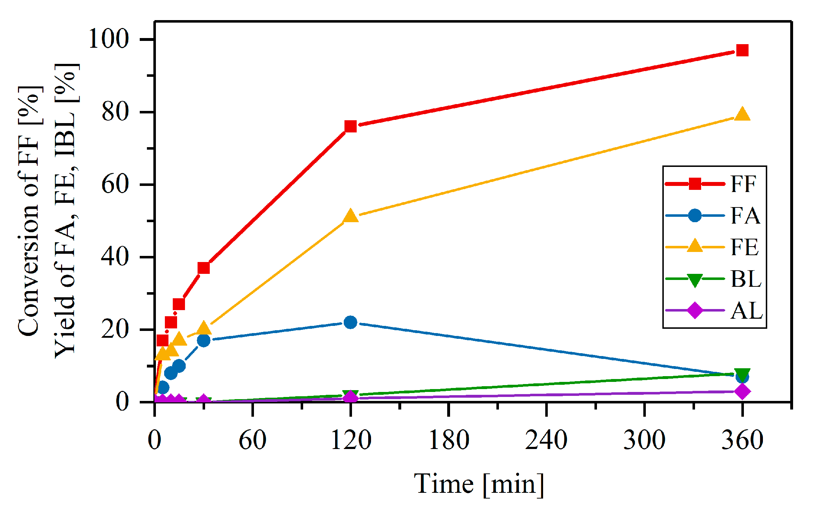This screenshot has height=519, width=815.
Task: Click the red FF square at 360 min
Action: click(742, 50)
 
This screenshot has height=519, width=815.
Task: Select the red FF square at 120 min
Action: click(350, 126)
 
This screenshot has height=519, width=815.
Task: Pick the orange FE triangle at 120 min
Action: click(351, 217)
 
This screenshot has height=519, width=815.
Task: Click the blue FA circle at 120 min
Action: click(350, 322)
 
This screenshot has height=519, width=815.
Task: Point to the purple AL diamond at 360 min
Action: click(742, 391)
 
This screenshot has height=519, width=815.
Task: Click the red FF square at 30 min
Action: click(204, 268)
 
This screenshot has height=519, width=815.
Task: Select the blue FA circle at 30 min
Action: click(204, 340)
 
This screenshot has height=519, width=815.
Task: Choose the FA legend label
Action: click(745, 216)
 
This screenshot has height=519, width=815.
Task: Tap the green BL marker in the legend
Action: click(695, 280)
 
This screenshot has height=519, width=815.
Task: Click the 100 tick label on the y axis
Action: click(108, 39)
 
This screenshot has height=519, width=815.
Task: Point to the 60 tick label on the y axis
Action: click(115, 184)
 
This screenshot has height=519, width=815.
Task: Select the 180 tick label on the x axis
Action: click(449, 440)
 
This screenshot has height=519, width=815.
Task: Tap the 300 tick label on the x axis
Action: click(644, 440)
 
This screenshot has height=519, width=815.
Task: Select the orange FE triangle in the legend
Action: click(695, 247)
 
